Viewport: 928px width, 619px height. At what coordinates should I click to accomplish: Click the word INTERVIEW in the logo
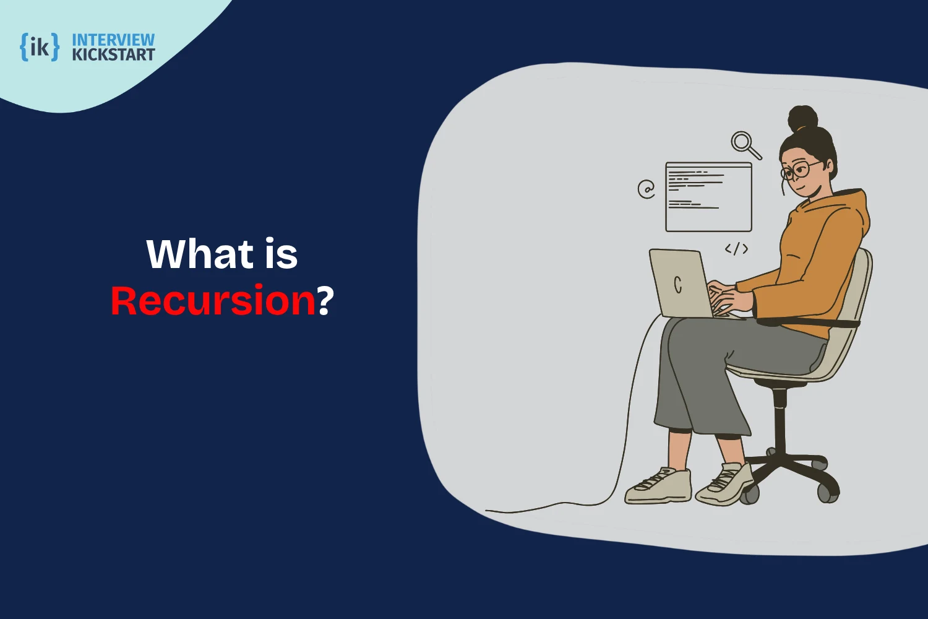point(113,40)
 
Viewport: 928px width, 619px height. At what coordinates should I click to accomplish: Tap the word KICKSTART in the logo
point(113,55)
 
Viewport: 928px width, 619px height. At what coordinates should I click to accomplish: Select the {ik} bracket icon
point(40,47)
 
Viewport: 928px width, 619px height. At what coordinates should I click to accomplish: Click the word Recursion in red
point(213,301)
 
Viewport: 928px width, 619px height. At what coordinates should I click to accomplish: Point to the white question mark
point(325,301)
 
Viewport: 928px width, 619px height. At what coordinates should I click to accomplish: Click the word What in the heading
point(200,254)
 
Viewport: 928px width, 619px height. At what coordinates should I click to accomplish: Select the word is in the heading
point(281,254)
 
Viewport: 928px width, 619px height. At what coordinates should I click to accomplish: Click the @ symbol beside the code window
point(647,189)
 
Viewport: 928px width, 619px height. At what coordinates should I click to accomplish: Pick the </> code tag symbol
point(736,249)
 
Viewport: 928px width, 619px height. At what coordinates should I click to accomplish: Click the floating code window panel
point(708,197)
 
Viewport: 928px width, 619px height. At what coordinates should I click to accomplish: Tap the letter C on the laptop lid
point(678,284)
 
